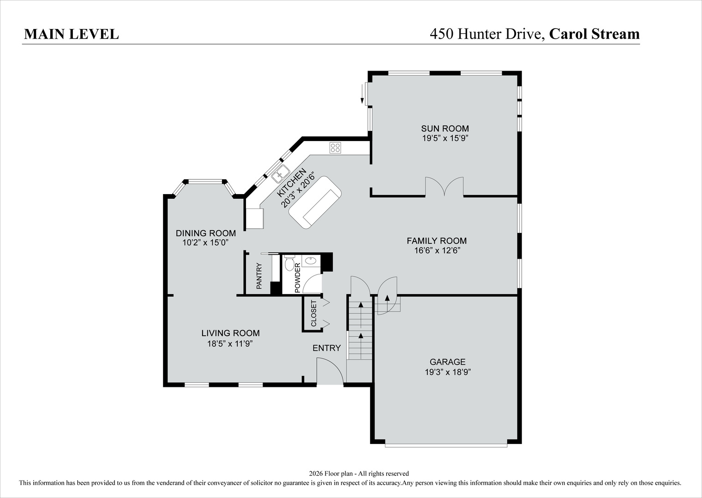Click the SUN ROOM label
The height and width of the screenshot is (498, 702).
(444, 129)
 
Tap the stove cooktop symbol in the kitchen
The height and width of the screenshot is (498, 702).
(335, 148)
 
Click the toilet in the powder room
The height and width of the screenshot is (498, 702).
(289, 263)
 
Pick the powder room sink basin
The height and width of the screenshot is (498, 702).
(311, 261)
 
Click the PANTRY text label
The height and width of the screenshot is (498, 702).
(259, 276)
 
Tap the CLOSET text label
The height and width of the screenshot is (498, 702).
(314, 314)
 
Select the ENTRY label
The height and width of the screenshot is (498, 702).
(326, 348)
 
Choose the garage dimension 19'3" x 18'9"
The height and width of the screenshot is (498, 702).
(447, 372)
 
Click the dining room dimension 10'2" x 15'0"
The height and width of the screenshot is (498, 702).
(205, 243)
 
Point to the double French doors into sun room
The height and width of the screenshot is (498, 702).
(444, 187)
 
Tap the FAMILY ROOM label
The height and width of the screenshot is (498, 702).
(436, 241)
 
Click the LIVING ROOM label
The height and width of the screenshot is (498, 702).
(230, 333)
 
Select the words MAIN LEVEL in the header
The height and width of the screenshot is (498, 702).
(71, 34)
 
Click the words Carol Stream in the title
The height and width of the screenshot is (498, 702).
(594, 34)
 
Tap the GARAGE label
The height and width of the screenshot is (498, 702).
(447, 362)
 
